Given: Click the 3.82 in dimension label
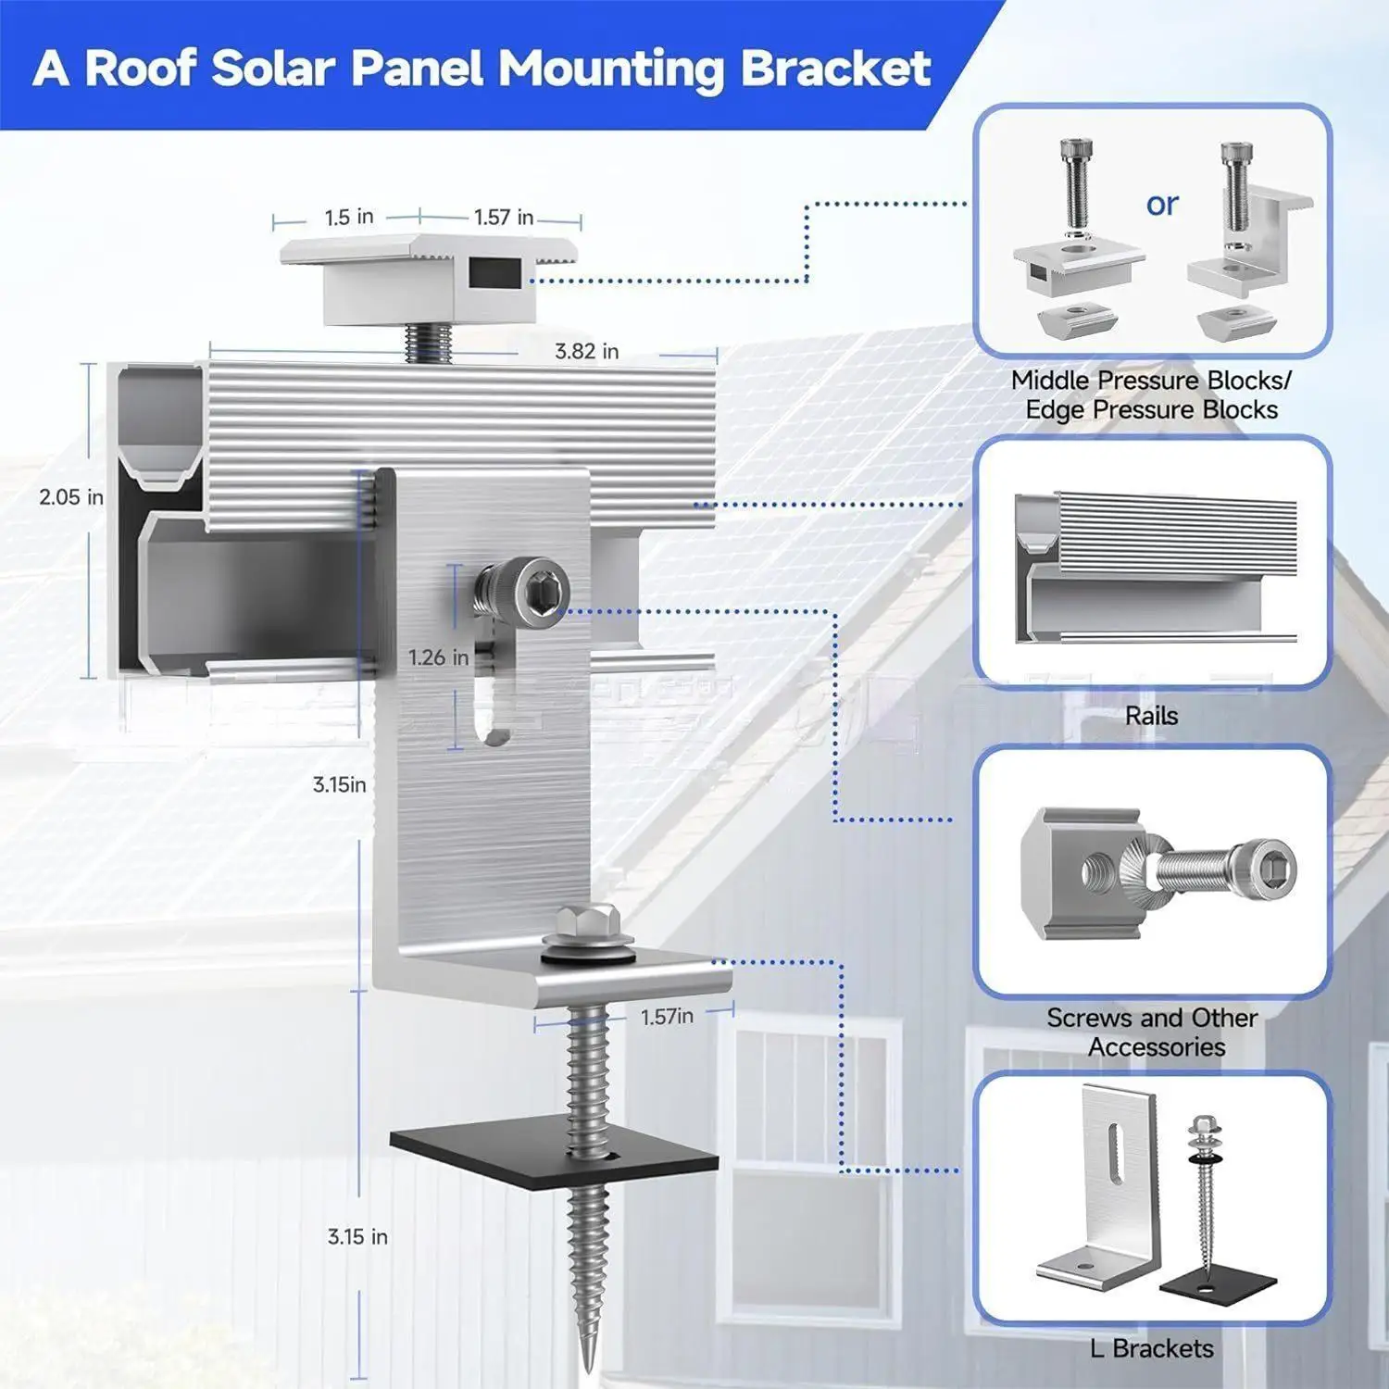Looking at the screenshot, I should click(x=586, y=352).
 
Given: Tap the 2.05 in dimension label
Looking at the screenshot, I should click(x=70, y=497).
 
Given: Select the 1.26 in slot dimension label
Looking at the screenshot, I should click(x=438, y=657).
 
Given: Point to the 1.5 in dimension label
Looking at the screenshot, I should click(x=348, y=218).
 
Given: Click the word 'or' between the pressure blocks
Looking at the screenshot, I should click(x=1162, y=204).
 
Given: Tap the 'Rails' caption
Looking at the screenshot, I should click(x=1151, y=716).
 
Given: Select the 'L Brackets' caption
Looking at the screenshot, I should click(x=1151, y=1348).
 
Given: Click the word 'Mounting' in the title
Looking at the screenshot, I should click(x=615, y=69).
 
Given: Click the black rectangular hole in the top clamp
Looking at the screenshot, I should click(x=494, y=273).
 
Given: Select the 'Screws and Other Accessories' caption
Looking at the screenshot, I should click(x=1153, y=1032).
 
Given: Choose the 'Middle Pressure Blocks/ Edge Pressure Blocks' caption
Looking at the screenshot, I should click(x=1151, y=395).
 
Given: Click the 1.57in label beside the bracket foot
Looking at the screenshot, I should click(x=667, y=1017).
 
